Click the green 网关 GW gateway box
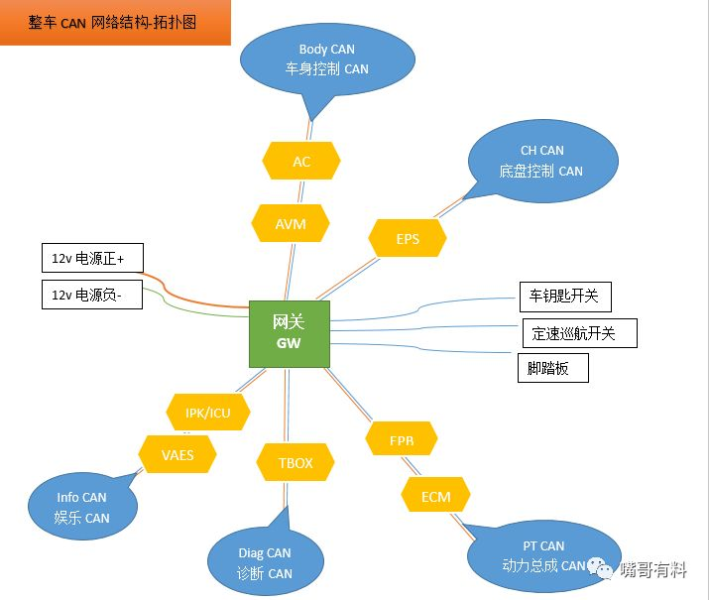(289, 331)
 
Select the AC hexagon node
(301, 161)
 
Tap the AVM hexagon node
(291, 224)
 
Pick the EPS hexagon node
(408, 239)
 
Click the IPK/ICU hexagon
(208, 412)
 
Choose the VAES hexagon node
(177, 455)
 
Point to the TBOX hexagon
(295, 463)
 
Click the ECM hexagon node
(435, 497)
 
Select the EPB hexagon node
(402, 439)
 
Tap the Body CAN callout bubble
(327, 60)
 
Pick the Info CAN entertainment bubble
(83, 507)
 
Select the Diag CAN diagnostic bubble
(265, 562)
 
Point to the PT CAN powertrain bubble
(543, 555)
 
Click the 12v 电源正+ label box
(90, 259)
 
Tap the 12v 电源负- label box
(90, 295)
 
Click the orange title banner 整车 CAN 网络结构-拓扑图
(115, 22)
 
